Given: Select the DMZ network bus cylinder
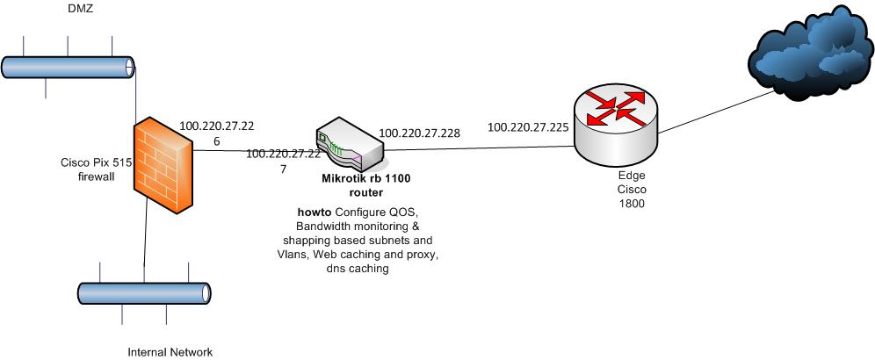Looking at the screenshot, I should click(x=69, y=67).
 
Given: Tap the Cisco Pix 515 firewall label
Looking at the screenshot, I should click(x=94, y=169).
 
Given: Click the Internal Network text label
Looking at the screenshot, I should click(x=170, y=352).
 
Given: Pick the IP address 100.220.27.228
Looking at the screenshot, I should click(x=419, y=133).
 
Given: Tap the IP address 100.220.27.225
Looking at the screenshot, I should click(x=528, y=126).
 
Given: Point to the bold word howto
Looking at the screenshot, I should click(x=315, y=212).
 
